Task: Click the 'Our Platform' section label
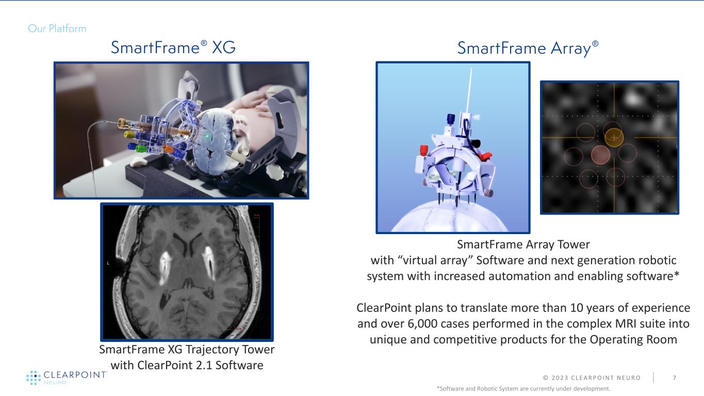(x=57, y=28)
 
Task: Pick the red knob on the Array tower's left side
(x=424, y=151)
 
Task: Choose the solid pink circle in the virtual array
(x=599, y=154)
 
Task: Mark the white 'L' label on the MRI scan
(x=108, y=263)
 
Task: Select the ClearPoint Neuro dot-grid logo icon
(x=32, y=377)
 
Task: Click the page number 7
(x=675, y=378)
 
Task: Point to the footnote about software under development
(x=523, y=388)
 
